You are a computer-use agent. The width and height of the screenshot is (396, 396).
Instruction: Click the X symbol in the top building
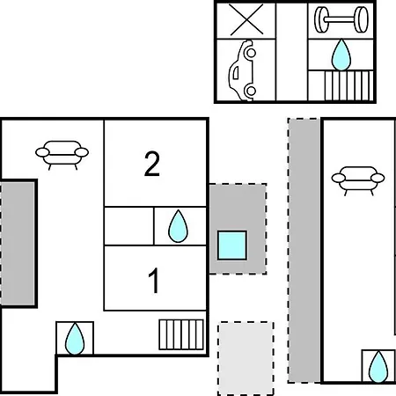click(x=246, y=19)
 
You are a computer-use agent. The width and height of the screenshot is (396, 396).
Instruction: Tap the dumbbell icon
click(x=341, y=19)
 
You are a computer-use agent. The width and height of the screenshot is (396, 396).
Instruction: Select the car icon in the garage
click(x=242, y=70)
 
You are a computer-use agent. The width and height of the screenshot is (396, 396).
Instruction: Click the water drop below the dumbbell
click(x=341, y=55)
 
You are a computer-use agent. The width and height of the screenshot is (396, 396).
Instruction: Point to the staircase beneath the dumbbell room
click(x=348, y=86)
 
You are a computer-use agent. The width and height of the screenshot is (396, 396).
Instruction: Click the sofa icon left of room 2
click(x=62, y=155)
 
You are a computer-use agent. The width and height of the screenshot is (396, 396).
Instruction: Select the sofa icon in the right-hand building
click(x=358, y=180)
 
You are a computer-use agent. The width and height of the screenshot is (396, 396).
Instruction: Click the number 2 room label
click(x=152, y=164)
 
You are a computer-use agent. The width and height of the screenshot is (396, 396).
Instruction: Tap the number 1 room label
click(x=154, y=281)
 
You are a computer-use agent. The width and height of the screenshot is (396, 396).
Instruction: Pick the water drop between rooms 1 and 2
click(x=178, y=226)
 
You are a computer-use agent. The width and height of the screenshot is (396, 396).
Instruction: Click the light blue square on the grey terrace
click(x=232, y=246)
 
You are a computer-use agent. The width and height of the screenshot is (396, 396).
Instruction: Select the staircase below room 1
click(x=181, y=334)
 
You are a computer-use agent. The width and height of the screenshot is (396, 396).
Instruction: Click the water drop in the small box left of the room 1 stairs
click(x=75, y=339)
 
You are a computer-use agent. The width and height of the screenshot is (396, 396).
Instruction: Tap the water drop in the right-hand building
click(x=378, y=367)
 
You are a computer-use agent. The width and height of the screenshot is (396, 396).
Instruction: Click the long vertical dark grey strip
click(x=304, y=250)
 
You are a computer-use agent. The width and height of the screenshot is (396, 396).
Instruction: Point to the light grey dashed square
click(x=246, y=358)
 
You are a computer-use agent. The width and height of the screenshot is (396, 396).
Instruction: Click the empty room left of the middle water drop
click(x=129, y=226)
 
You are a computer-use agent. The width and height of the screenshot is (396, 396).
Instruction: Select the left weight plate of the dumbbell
click(x=320, y=19)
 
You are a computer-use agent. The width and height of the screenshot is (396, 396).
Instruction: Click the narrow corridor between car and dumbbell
click(x=292, y=52)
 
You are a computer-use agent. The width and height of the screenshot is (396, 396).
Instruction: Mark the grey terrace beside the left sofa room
click(x=18, y=244)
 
